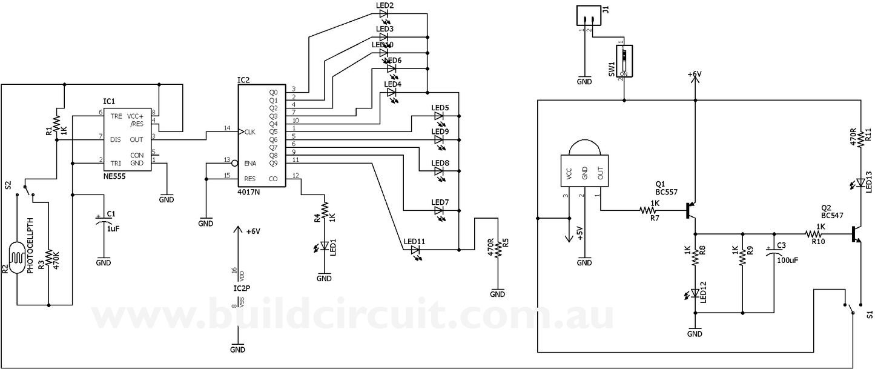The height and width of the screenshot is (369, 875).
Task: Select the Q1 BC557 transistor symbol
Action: point(692,211)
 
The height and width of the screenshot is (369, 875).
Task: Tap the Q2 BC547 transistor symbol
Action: point(856,234)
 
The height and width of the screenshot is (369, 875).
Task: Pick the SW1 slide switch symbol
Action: point(624,61)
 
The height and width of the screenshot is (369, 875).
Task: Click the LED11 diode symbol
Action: point(415,249)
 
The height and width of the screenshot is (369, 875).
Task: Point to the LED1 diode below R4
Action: point(325,246)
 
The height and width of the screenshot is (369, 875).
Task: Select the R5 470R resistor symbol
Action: point(498,248)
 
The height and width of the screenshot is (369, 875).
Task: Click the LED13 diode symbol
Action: point(860,182)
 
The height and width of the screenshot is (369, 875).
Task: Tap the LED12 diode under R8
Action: point(695,293)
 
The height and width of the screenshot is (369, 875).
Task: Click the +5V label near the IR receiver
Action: point(579,233)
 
